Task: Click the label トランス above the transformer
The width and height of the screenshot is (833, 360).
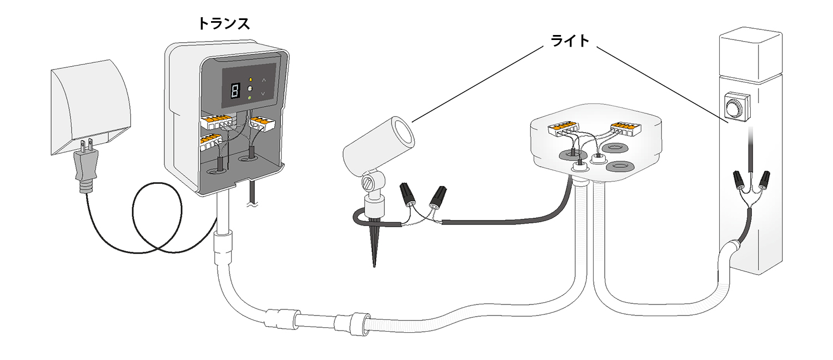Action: pyautogui.click(x=224, y=23)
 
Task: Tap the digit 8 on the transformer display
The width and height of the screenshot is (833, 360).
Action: pyautogui.click(x=234, y=90)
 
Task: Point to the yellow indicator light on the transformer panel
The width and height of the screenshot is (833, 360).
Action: pyautogui.click(x=250, y=79)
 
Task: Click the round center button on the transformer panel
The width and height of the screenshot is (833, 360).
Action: pyautogui.click(x=250, y=89)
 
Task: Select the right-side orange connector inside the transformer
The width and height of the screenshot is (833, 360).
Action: pyautogui.click(x=262, y=123)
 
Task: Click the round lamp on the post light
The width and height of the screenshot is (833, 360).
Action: pyautogui.click(x=736, y=106)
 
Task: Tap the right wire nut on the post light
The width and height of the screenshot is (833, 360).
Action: pyautogui.click(x=764, y=179)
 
